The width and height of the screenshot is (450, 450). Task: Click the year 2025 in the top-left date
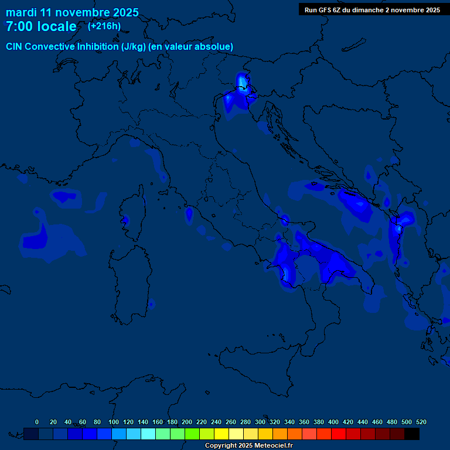pyautogui.click(x=125, y=12)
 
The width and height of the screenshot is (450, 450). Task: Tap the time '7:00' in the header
pyautogui.click(x=21, y=27)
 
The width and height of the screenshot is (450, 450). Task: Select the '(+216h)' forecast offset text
pyautogui.click(x=104, y=26)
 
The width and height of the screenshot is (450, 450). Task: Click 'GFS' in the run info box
pyautogui.click(x=326, y=10)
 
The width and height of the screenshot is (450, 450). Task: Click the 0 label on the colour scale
pyautogui.click(x=37, y=422)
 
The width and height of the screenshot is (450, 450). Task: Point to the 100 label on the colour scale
pyautogui.click(x=114, y=422)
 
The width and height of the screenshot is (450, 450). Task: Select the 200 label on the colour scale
pyautogui.click(x=187, y=422)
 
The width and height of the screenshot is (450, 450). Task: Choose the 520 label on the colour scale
pyautogui.click(x=421, y=422)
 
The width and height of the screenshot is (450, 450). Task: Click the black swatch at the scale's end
pyautogui.click(x=412, y=434)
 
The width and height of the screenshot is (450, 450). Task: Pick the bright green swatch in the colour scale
pyautogui.click(x=192, y=434)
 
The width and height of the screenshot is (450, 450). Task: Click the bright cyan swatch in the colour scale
pyautogui.click(x=148, y=434)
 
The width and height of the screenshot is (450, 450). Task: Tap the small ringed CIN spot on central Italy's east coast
pyautogui.click(x=285, y=220)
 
